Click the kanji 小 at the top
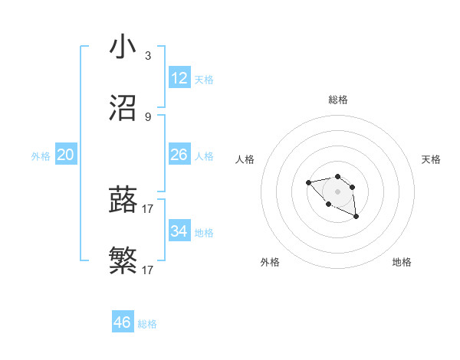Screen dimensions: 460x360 coord(123,47)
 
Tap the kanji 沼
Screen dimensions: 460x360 coord(123,109)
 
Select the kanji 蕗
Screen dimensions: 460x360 coord(123,200)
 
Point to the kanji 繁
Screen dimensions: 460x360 coord(123,261)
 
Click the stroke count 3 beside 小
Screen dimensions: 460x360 coord(148,56)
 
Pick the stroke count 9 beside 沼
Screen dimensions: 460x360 coord(148,117)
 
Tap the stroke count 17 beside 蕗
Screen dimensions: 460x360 coord(148,208)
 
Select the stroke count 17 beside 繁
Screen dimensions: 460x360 coord(148,270)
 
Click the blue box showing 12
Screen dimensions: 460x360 coord(179,78)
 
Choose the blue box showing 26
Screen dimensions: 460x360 coord(179,155)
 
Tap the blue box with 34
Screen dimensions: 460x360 coord(179,231)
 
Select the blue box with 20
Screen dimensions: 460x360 coord(66,155)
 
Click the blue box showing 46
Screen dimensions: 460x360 coord(123,322)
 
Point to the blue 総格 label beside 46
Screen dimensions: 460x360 coord(147,324)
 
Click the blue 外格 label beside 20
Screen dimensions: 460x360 coord(41,156)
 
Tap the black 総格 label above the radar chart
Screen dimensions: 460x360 coord(338,100)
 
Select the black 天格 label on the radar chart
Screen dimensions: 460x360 coord(431,159)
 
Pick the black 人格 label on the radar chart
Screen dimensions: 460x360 coord(245,159)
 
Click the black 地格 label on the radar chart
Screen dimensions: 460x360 coord(402,262)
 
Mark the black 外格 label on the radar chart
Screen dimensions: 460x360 coord(270,262)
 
